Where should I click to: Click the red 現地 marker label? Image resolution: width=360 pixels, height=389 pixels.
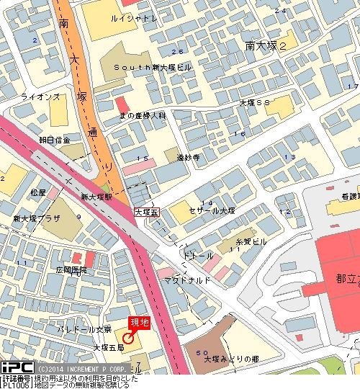139,323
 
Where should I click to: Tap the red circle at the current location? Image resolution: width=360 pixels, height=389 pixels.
128,338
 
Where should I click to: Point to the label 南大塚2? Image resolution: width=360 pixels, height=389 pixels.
266,45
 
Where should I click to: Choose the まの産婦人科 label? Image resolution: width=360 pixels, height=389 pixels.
143,115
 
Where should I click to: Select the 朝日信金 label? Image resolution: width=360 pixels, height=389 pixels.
55,140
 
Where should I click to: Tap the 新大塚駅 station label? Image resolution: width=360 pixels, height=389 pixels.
96,196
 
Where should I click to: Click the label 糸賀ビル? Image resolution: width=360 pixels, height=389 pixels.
251,241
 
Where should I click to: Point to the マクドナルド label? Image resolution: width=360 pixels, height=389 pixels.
187,279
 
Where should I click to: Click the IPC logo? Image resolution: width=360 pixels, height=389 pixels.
15,367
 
